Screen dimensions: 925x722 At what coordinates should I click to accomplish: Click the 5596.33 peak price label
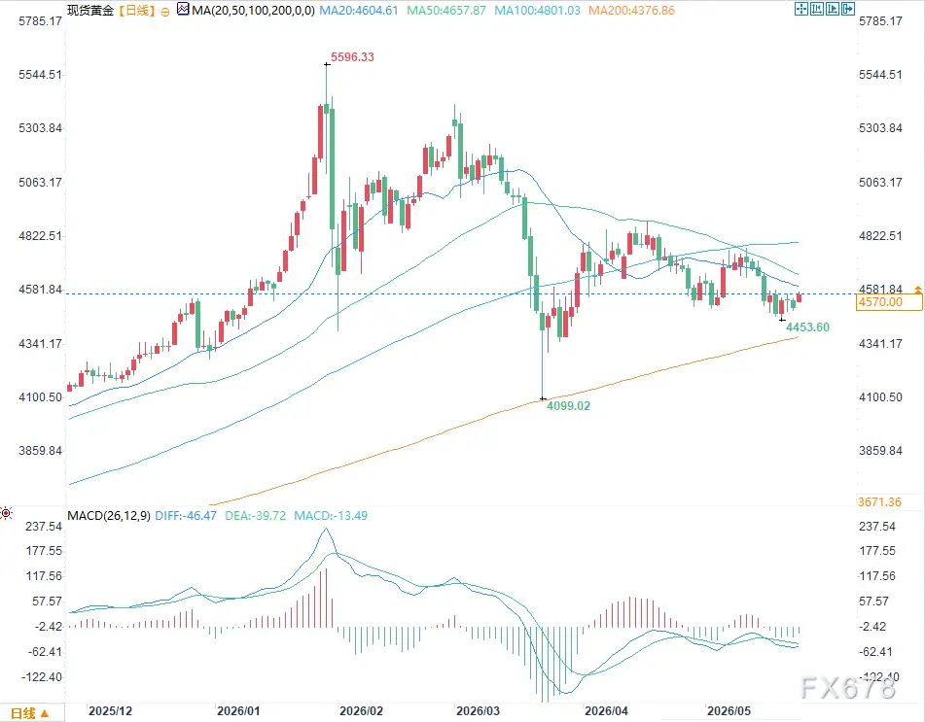click(x=352, y=57)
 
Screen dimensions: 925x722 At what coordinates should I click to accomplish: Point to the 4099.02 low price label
click(x=568, y=405)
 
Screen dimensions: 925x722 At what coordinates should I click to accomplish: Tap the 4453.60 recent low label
click(x=807, y=327)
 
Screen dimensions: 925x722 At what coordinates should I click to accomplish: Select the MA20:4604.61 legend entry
click(x=359, y=11)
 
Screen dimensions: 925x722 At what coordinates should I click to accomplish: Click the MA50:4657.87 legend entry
click(x=446, y=11)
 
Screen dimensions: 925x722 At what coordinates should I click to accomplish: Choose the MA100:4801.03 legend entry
click(x=538, y=11)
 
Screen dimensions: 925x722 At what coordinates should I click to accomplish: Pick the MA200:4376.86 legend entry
click(x=632, y=11)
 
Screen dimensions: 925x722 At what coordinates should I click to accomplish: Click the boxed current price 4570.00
click(x=888, y=302)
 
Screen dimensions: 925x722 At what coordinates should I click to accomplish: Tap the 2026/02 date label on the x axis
click(x=361, y=710)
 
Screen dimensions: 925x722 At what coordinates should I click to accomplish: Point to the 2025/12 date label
click(x=110, y=710)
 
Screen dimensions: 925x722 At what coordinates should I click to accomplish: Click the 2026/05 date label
click(x=729, y=710)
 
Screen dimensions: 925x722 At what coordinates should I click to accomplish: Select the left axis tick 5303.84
click(x=40, y=128)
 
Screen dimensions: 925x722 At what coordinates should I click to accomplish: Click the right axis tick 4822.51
click(x=880, y=236)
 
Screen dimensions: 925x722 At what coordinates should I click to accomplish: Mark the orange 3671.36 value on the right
click(x=879, y=502)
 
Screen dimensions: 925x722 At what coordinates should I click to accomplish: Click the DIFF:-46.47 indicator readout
click(x=186, y=516)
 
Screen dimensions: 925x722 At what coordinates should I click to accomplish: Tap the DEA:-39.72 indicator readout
click(x=256, y=516)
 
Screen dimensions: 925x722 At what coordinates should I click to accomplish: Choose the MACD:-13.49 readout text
click(x=331, y=516)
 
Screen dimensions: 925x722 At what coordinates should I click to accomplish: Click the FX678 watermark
click(x=848, y=687)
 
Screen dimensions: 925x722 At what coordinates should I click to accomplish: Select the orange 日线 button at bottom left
click(x=29, y=713)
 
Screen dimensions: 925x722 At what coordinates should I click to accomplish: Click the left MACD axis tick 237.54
click(x=44, y=527)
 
